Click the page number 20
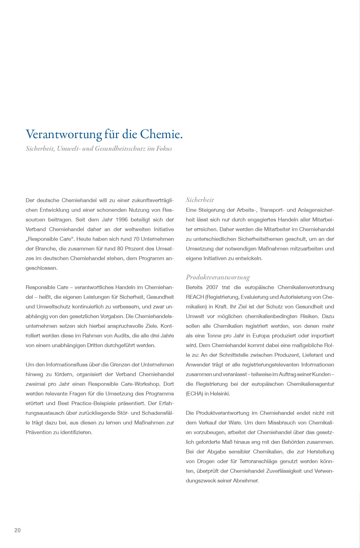(18, 530)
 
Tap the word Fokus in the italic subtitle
(164, 148)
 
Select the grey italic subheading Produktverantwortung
(218, 277)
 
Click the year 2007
(212, 287)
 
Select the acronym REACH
(195, 297)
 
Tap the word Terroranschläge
(259, 461)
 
